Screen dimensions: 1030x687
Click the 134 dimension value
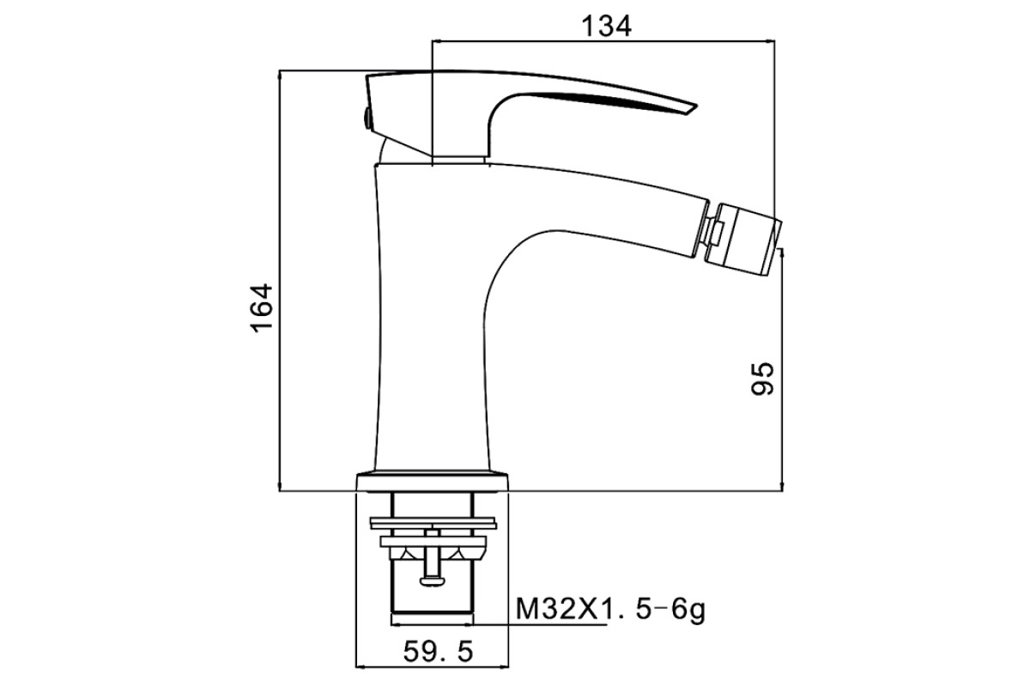click(607, 27)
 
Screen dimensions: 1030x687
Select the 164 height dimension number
click(262, 309)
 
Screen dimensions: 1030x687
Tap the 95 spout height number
click(762, 379)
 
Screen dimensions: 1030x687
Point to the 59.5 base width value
click(439, 651)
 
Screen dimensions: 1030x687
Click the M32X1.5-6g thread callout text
click(610, 610)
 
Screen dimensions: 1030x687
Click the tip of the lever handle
click(695, 110)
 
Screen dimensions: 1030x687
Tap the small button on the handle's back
click(367, 118)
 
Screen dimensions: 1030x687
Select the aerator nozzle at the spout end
click(745, 240)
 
